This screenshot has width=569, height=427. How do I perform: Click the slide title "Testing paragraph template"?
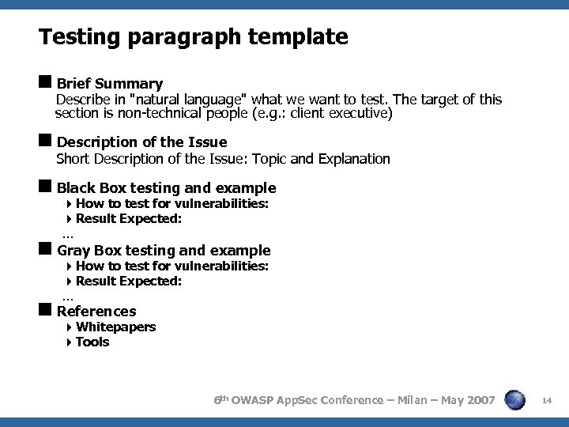pyautogui.click(x=193, y=36)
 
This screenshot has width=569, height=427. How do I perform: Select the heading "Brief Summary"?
pyautogui.click(x=110, y=84)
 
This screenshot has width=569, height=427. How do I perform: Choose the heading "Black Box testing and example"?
pyautogui.click(x=166, y=188)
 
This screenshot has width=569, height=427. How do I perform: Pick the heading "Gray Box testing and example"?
pyautogui.click(x=164, y=251)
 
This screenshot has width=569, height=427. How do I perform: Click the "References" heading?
pyautogui.click(x=96, y=312)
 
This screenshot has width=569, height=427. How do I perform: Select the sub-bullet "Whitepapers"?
pyautogui.click(x=115, y=327)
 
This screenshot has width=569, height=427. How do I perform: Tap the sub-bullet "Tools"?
pyautogui.click(x=92, y=342)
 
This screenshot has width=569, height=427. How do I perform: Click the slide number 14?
pyautogui.click(x=546, y=402)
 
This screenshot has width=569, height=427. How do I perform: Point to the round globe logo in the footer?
pyautogui.click(x=515, y=400)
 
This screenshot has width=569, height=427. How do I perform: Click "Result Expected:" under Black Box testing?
pyautogui.click(x=129, y=218)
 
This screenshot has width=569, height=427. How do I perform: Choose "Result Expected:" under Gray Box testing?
pyautogui.click(x=129, y=281)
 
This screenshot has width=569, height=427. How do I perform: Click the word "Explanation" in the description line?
pyautogui.click(x=354, y=159)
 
